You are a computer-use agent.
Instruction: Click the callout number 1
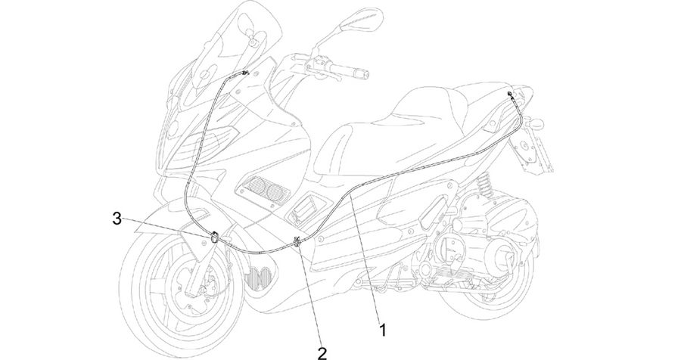[x=383, y=330]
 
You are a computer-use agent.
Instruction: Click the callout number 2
[x=322, y=353]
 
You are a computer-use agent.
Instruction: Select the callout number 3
[x=117, y=219]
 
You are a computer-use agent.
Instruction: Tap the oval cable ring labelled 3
[x=215, y=237]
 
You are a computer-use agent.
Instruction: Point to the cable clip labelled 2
[x=298, y=241]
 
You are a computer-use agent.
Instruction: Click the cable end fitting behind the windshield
[x=245, y=73]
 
